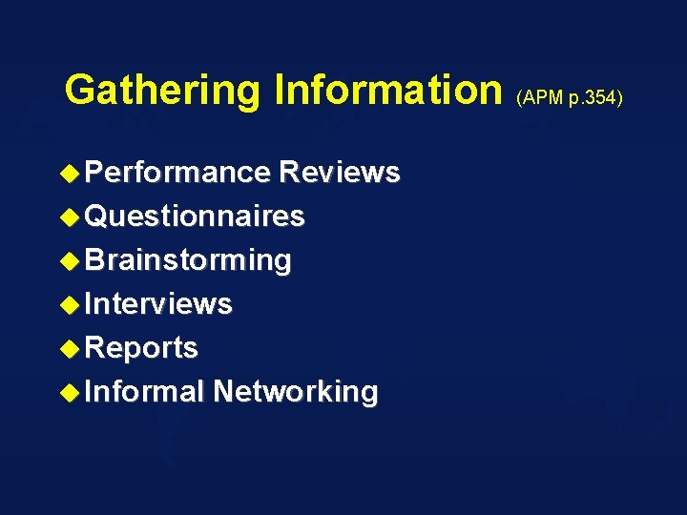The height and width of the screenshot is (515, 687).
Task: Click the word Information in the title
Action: coord(387,91)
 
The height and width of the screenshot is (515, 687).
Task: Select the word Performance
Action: coord(177,173)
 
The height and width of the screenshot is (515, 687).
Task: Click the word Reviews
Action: coord(339,173)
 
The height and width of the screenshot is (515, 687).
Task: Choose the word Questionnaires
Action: coord(195,216)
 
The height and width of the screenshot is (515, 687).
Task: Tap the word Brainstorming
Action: coord(188,260)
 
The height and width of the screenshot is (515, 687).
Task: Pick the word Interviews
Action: coord(158,304)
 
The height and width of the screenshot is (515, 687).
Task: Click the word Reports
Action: coord(141,348)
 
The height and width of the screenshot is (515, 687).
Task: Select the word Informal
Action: coord(145,392)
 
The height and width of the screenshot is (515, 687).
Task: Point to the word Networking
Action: coord(295,392)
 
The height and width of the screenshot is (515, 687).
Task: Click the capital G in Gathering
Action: coord(80,91)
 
